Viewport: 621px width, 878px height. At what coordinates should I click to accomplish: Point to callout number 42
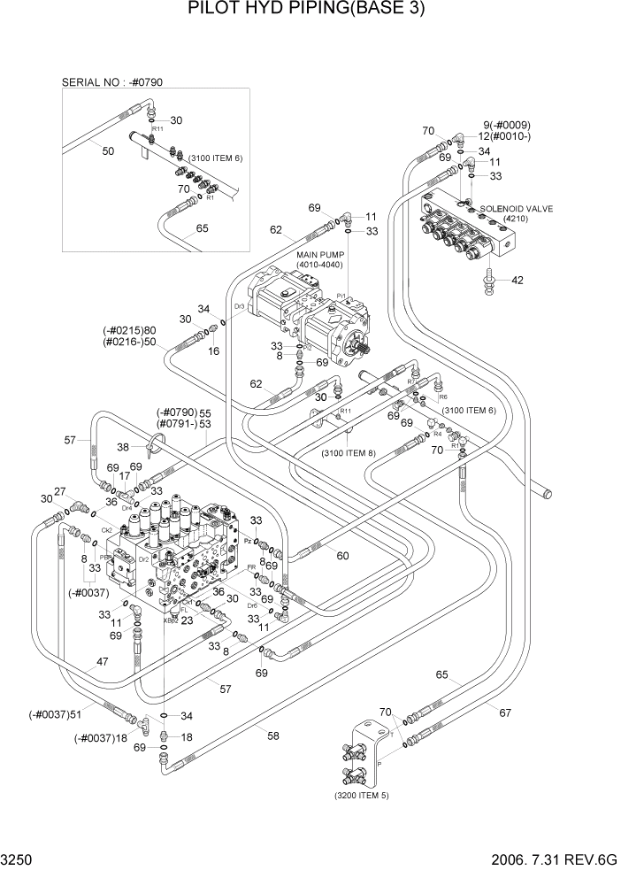click(x=517, y=281)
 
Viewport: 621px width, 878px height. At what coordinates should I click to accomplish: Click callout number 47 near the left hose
click(x=103, y=661)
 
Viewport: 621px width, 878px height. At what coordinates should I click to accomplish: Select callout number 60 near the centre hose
click(x=342, y=557)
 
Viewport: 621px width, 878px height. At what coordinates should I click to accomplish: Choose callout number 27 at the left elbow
click(x=60, y=491)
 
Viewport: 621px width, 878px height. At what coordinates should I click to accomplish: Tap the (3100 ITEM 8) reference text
click(x=347, y=453)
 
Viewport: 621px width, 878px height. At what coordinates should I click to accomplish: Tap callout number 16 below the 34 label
click(x=213, y=351)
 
